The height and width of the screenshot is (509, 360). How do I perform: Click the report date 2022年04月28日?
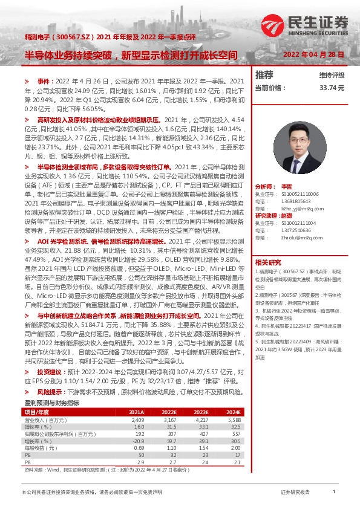tap(314, 54)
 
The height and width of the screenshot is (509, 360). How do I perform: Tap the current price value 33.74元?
tap(332, 88)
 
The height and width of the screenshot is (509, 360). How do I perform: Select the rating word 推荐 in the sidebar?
tap(264, 75)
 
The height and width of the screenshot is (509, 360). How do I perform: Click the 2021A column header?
tap(137, 395)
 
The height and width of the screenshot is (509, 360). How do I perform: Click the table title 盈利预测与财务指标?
tap(51, 386)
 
